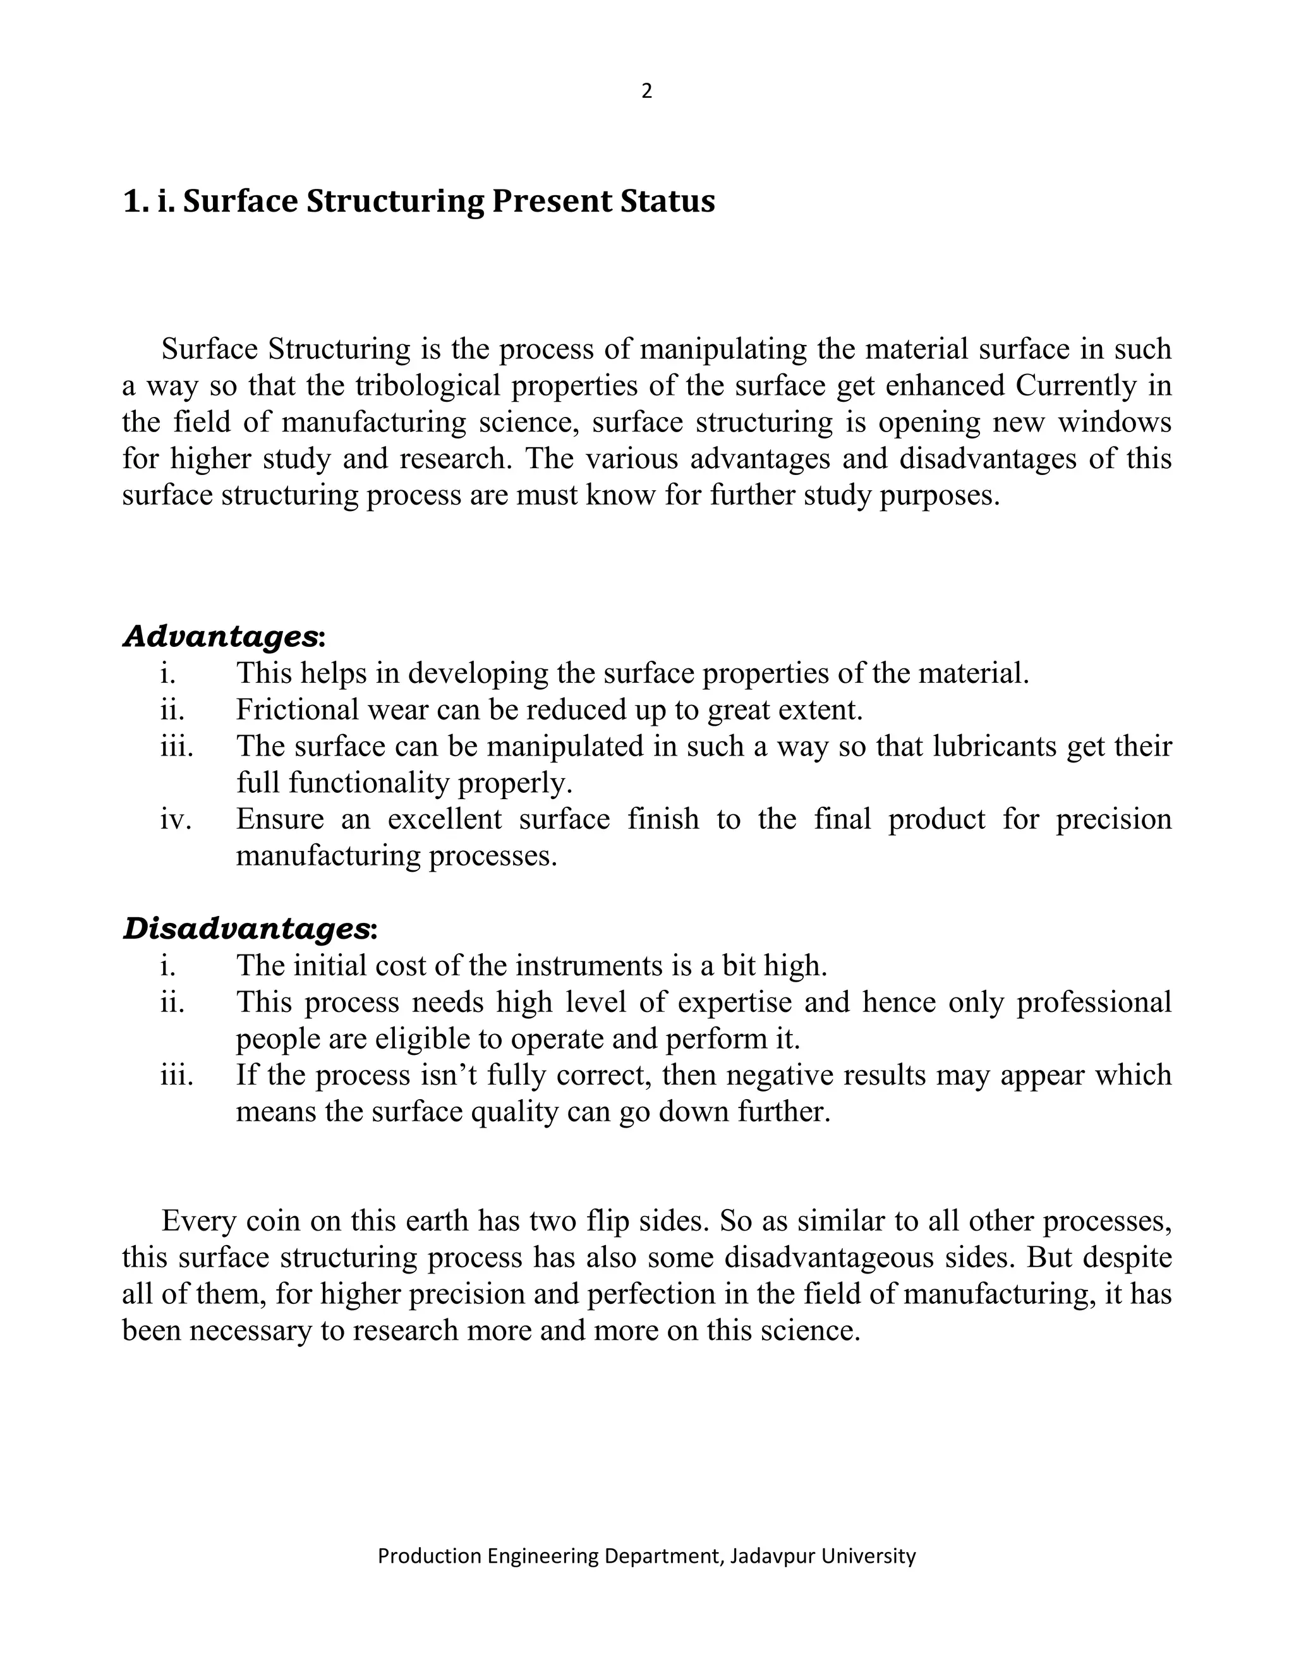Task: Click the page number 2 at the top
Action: [646, 91]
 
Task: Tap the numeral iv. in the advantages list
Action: [176, 819]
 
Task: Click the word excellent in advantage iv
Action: [445, 819]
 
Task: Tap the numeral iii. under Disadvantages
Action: [177, 1075]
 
